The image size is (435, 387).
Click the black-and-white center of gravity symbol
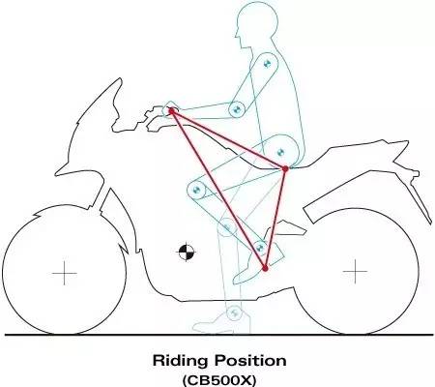187,253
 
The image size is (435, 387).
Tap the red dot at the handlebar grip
172,111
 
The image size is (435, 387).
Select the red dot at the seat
285,168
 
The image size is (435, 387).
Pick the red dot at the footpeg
265,268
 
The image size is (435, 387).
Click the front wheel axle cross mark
65,274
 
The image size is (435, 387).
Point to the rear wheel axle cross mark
355,272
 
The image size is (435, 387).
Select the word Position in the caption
250,360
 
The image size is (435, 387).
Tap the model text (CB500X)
219,380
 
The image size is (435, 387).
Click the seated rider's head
256,24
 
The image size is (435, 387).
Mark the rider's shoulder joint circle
267,64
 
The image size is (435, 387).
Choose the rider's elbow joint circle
237,109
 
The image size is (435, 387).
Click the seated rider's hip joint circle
280,152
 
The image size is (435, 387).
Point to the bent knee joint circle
196,190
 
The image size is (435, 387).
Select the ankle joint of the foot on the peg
260,248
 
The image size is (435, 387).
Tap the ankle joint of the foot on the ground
234,313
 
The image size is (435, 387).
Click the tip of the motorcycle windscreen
120,78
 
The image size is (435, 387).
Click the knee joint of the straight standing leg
227,227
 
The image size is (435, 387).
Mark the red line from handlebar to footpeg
218,190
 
